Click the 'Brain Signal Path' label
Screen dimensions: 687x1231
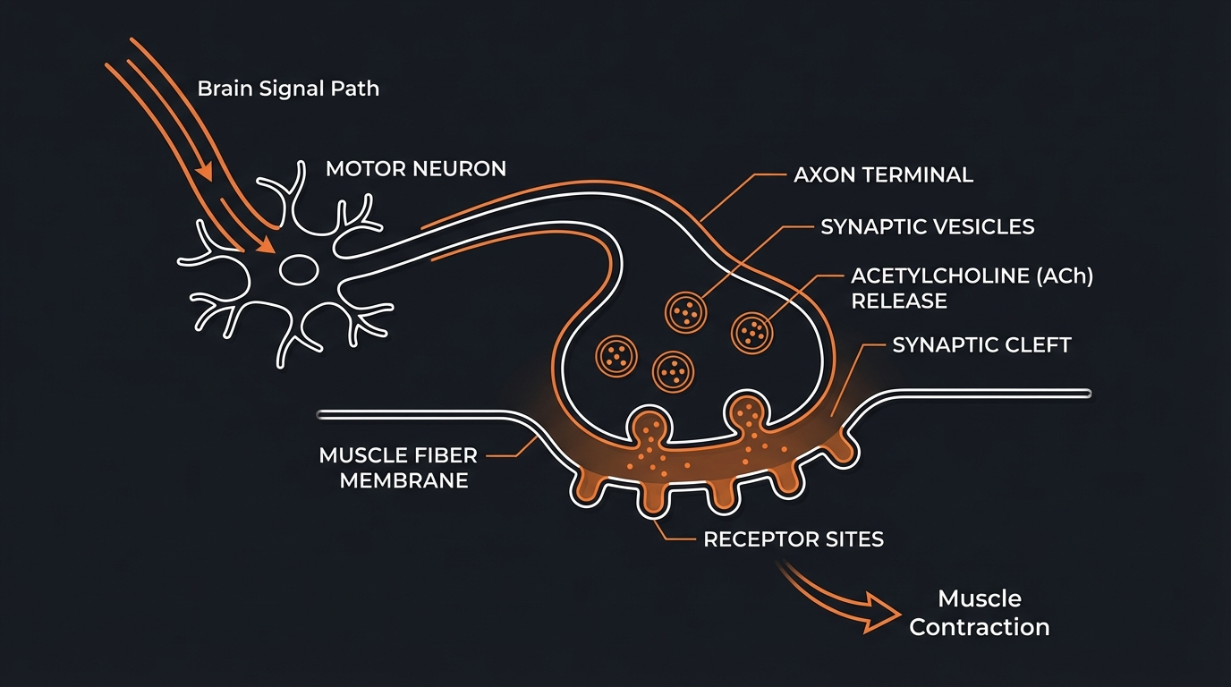[288, 89]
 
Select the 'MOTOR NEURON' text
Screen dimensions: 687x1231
[416, 168]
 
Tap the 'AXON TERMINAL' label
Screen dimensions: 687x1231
[883, 174]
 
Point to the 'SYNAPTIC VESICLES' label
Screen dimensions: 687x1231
[928, 227]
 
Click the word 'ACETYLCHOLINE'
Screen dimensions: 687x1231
[940, 276]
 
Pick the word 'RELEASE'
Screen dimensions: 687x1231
[898, 301]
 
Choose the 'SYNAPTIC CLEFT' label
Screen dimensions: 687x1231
[981, 345]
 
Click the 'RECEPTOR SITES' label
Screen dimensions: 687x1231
[794, 539]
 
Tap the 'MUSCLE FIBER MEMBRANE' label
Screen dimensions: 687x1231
[397, 468]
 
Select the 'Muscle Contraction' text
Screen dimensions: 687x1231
[979, 613]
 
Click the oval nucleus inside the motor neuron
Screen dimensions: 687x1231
[299, 267]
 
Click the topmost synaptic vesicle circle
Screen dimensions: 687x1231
[686, 311]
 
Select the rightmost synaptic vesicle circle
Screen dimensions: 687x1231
[752, 332]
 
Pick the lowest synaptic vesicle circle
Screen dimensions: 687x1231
[673, 369]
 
